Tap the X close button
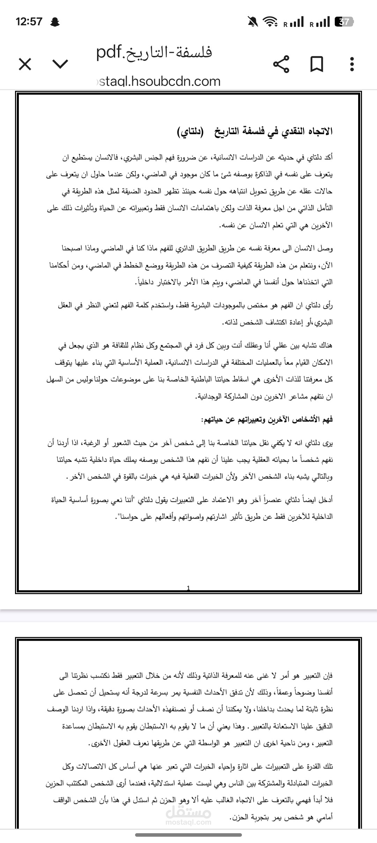click(25, 64)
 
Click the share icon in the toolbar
click(281, 64)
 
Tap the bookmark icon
click(317, 64)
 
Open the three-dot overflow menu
click(352, 64)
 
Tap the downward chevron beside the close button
click(60, 64)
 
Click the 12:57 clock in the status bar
click(29, 22)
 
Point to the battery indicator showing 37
click(344, 22)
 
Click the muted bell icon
click(253, 22)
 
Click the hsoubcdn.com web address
click(159, 81)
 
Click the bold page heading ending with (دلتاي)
click(255, 131)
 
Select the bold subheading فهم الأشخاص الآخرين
click(267, 419)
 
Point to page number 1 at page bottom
click(188, 588)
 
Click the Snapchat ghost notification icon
click(55, 22)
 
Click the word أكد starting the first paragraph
click(327, 157)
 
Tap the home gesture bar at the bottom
click(188, 835)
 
